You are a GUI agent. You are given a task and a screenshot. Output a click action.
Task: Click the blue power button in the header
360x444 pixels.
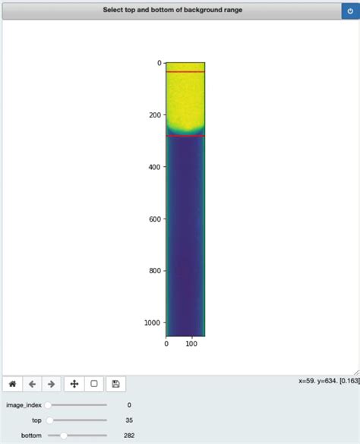coord(350,11)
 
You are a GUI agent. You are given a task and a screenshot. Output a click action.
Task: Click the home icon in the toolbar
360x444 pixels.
coord(12,384)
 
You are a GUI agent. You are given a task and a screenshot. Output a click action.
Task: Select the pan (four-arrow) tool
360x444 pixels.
coord(74,384)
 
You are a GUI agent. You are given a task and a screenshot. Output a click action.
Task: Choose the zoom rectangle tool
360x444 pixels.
coord(94,384)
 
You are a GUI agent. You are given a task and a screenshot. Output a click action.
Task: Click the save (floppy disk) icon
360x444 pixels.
coord(115,384)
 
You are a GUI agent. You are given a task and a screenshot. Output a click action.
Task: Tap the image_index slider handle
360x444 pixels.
coord(48,405)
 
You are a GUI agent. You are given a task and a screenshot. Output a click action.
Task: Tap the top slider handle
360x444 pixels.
coord(49,420)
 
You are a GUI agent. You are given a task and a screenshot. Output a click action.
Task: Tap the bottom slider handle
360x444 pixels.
coord(64,436)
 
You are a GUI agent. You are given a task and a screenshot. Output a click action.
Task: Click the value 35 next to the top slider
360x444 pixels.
coord(129,420)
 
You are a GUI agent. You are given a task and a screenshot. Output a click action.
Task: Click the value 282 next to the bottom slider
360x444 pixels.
coord(129,436)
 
